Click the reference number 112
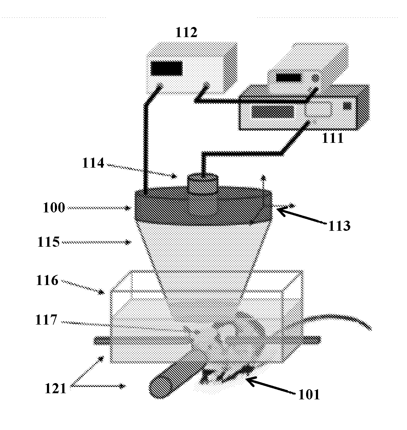186,32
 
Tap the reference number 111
333,139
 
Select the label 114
93,163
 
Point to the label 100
54,208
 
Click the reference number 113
339,226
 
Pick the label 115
48,242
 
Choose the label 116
47,280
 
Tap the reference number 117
46,320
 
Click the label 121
56,389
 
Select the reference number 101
309,395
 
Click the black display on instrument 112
167,68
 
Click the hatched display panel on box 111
272,112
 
